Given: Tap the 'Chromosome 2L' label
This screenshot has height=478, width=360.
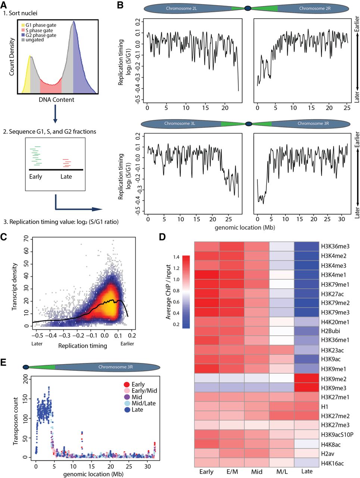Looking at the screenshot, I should (182, 8).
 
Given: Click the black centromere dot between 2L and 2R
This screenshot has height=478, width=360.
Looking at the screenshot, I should (247, 8).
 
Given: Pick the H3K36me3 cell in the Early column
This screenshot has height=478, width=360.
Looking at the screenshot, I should (207, 246).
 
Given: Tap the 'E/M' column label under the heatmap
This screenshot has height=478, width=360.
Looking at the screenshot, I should (232, 472).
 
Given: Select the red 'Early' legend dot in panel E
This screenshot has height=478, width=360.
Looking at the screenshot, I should (126, 384).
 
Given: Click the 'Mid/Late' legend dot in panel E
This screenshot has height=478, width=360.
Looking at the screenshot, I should (126, 403).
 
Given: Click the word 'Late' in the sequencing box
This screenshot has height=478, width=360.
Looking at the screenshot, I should (66, 176).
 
